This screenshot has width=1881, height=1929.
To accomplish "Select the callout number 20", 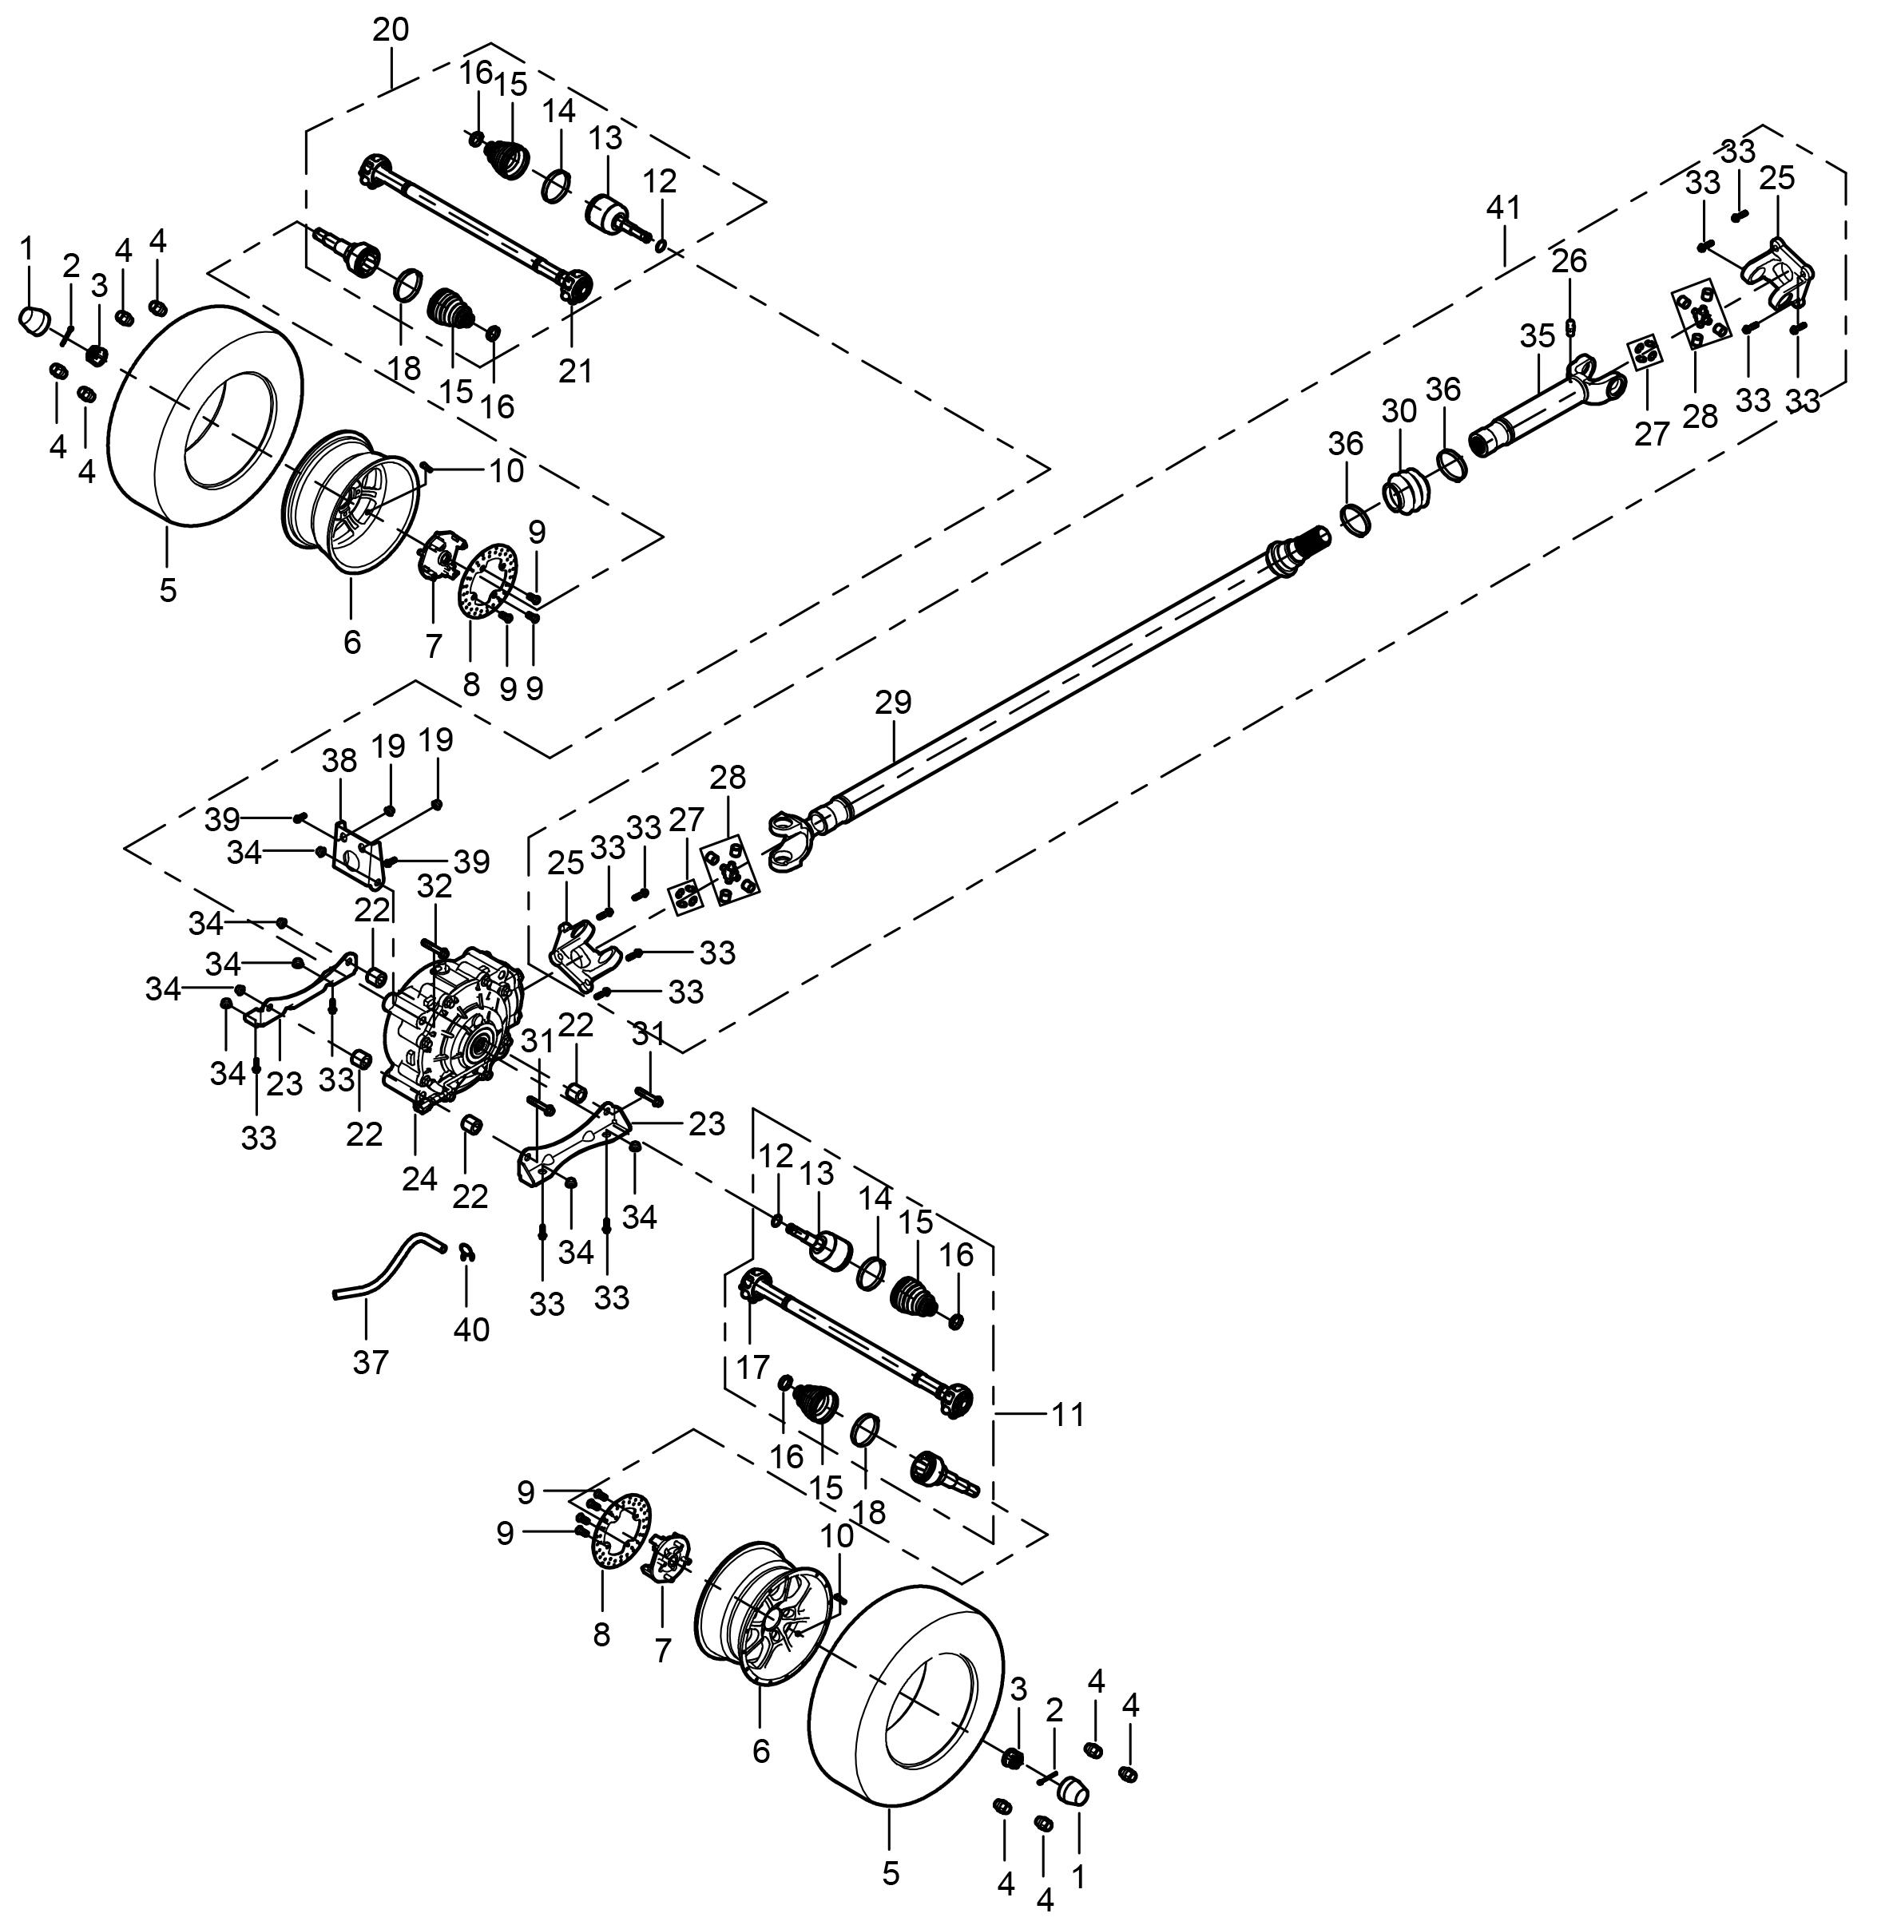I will pos(391,30).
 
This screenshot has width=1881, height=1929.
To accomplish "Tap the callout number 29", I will pos(892,703).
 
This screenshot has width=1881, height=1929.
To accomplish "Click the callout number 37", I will pos(371,1362).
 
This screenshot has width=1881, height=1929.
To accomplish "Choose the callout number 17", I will pos(752,1367).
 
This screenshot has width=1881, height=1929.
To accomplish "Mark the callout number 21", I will pos(575,370).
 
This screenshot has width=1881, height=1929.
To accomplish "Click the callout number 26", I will pos(1568,261).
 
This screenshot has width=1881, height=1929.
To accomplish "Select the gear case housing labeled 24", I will pos(450,1028).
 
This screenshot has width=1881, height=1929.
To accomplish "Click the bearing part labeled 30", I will pos(1405,491).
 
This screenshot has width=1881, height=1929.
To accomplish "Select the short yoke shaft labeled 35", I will pos(1542,405).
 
